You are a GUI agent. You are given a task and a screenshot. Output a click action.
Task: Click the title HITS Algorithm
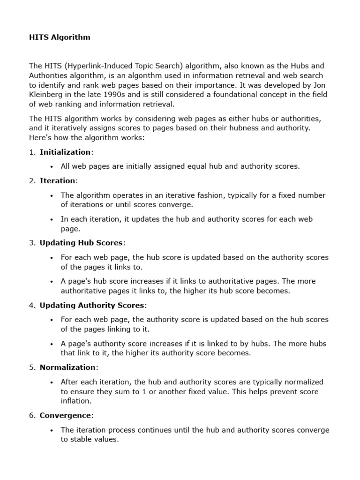(60, 37)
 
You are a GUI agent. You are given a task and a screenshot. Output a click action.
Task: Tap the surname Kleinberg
(47, 94)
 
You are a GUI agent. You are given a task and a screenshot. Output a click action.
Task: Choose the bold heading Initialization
(65, 152)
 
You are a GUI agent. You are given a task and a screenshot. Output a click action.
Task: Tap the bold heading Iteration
(57, 180)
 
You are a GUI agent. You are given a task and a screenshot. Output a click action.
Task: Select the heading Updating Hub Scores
(81, 243)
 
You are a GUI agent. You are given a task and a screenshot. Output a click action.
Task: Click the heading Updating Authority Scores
(92, 305)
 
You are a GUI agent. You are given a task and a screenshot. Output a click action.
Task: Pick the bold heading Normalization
(68, 367)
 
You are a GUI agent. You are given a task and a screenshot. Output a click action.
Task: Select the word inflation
(75, 401)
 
